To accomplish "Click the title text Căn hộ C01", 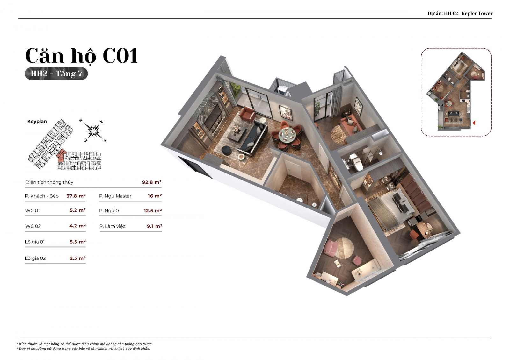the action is point(82,56).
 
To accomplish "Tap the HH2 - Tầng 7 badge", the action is point(56,74).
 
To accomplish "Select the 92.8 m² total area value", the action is point(152,182).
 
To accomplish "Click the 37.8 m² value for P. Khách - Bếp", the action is point(76,196).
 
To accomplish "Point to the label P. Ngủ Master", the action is point(115,196).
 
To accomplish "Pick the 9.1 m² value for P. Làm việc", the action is point(154,226).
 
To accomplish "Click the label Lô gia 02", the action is point(35,258).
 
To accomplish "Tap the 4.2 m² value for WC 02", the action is point(77,226).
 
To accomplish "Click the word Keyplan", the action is point(37,122).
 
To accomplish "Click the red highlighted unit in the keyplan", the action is point(61,156).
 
